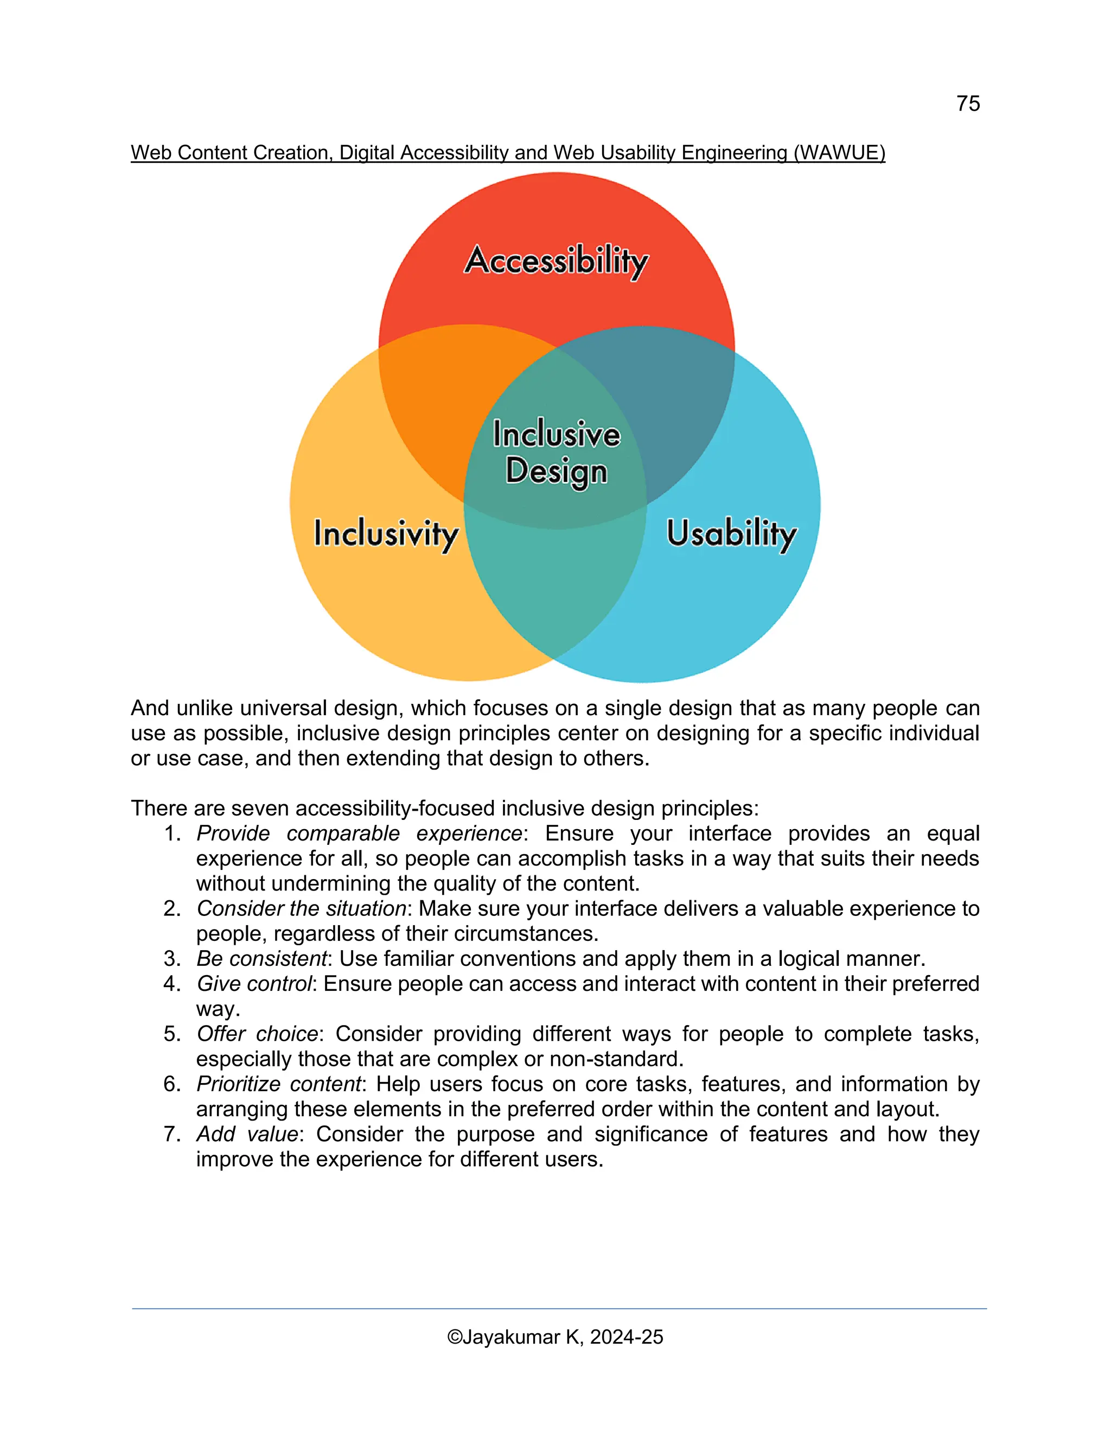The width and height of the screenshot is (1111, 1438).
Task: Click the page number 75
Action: coord(968,104)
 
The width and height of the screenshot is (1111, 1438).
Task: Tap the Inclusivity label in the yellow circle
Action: coord(386,533)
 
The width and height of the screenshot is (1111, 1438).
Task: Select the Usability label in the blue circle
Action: coord(731,533)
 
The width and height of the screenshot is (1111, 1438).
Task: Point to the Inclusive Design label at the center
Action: coord(556,453)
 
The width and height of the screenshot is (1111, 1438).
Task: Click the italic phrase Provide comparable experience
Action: coord(359,833)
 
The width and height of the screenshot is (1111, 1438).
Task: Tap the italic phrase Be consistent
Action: coord(261,959)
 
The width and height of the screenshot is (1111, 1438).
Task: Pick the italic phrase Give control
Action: coord(253,984)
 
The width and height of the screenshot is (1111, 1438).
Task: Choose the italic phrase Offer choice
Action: coord(257,1034)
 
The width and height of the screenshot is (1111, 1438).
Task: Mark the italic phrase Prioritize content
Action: coord(279,1084)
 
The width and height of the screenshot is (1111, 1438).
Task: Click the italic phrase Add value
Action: coord(247,1134)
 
